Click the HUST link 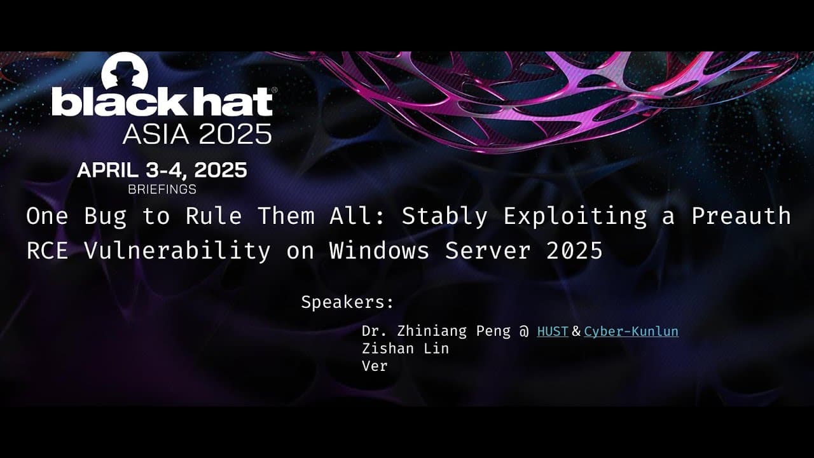coord(552,331)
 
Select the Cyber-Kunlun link coord(631,331)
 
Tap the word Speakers coord(347,302)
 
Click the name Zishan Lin coord(405,349)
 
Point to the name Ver coord(375,366)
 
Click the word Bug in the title coord(105,216)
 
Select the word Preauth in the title coord(741,216)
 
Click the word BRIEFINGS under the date coord(162,189)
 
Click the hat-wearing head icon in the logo coord(125,71)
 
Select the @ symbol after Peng coord(524,331)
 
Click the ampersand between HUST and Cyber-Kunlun coord(576,331)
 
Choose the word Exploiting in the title coord(575,216)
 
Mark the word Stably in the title coord(445,216)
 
